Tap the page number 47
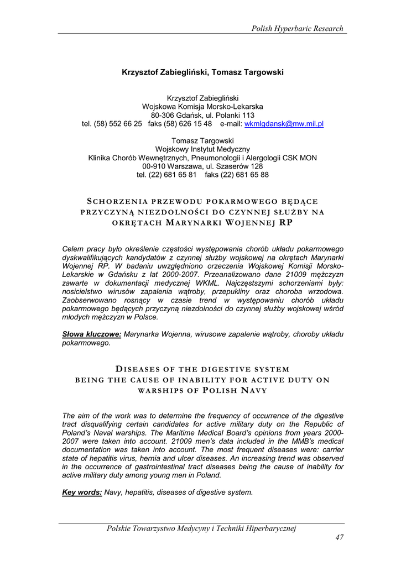339,538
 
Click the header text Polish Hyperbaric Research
298,29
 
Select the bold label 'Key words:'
82,492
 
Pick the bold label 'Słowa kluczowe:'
92,334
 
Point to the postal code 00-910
154,166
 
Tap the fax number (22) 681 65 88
247,175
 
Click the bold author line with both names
202,72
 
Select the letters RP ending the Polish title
286,223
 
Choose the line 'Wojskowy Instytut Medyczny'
202,149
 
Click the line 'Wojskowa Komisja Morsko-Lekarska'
202,107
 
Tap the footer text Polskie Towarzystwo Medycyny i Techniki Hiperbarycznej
202,529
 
